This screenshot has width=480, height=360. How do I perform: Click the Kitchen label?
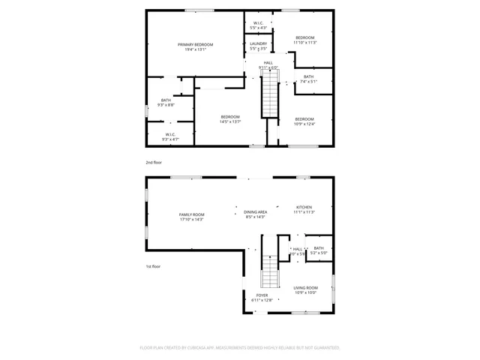click(303, 209)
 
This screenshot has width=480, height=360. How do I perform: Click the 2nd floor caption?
click(153, 162)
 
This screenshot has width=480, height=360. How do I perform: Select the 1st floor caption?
click(153, 266)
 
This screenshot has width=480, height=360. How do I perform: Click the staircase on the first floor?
click(269, 271)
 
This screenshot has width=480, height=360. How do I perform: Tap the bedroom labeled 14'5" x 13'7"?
click(229, 118)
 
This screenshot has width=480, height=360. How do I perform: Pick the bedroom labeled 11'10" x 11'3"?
click(304, 40)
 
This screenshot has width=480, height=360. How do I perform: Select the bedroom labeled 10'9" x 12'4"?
click(304, 121)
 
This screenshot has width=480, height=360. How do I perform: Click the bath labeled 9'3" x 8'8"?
click(166, 103)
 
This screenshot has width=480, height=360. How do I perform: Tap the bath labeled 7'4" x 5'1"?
click(308, 79)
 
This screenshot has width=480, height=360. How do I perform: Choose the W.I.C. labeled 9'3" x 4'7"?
click(169, 137)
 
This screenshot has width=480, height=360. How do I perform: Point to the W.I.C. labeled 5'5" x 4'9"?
click(258, 25)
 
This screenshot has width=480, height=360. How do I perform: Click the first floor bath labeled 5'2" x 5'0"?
click(319, 250)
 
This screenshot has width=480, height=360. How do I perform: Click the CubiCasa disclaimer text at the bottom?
click(240, 348)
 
